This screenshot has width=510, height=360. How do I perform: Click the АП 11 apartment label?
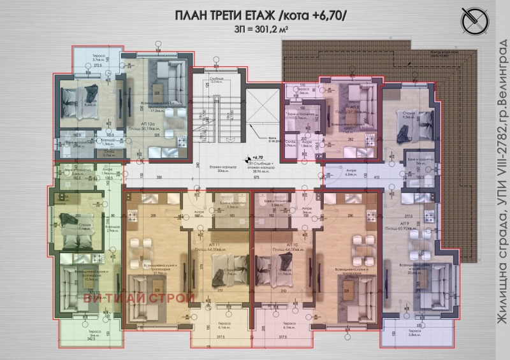point(202,245)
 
